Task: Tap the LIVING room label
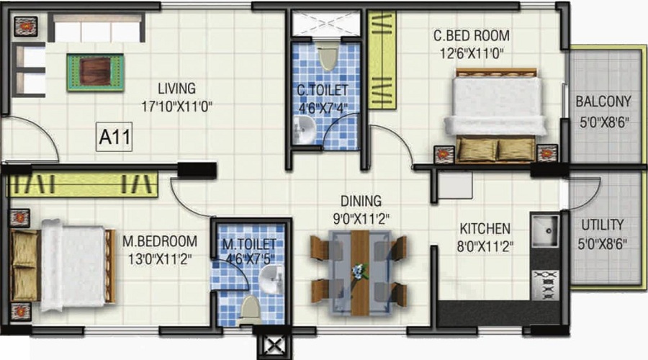(177, 89)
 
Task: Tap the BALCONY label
(603, 102)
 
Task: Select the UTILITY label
(602, 225)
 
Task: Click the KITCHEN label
(485, 228)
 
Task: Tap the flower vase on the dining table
(358, 271)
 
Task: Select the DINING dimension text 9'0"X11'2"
(362, 218)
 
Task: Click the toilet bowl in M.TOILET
(250, 308)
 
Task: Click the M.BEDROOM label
(158, 240)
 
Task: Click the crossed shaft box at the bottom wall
(273, 344)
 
